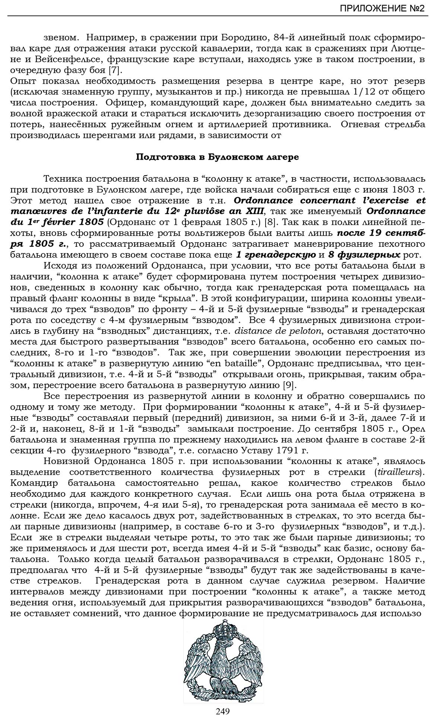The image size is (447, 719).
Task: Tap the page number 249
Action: pyautogui.click(x=222, y=711)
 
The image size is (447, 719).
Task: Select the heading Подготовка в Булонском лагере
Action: pyautogui.click(x=217, y=157)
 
